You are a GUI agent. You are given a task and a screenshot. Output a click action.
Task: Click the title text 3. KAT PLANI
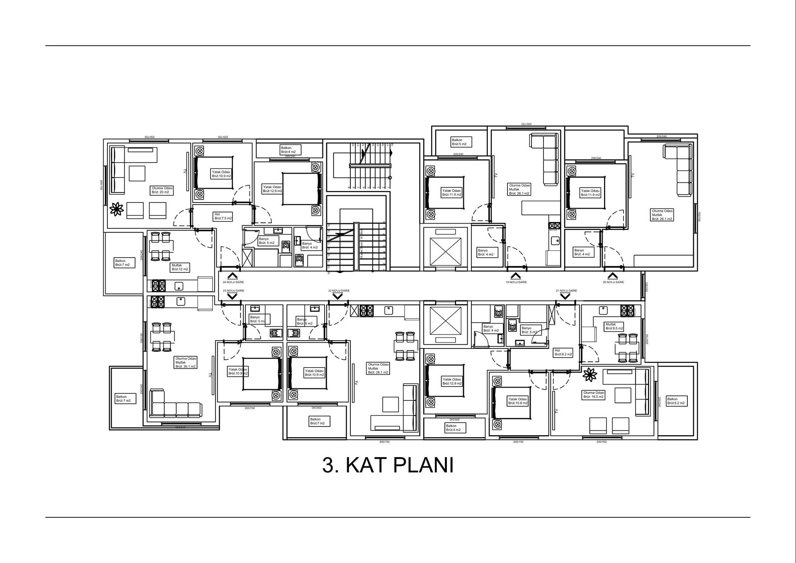pos(388,465)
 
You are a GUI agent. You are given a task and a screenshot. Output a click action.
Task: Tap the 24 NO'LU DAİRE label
pos(233,282)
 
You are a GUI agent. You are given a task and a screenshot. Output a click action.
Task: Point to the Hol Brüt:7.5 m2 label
pos(223,216)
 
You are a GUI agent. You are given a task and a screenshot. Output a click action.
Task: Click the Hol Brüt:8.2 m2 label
pos(563,353)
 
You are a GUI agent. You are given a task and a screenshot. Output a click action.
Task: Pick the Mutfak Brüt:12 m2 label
pos(180,267)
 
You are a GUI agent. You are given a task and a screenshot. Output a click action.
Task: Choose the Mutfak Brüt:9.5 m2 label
pos(614,327)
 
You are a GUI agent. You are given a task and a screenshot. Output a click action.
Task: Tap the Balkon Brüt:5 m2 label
pos(459,142)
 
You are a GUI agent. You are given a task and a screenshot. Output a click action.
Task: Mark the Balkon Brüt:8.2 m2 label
pos(676,401)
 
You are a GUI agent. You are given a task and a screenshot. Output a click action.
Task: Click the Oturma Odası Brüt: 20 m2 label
pos(162,190)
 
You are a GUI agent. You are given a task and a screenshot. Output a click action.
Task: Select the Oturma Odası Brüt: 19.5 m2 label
pos(594,395)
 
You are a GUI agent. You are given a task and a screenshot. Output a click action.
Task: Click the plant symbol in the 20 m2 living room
pos(117,209)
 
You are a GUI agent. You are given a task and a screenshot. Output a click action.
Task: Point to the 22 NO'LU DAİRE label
pos(339,291)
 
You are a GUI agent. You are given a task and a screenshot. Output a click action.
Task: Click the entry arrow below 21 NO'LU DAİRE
pos(565,296)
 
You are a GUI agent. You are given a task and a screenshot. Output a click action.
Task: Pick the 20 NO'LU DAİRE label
pos(613,282)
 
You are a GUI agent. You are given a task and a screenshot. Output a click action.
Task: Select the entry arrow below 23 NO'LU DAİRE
pos(232,296)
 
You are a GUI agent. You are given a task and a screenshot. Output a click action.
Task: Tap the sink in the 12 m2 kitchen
pos(179,286)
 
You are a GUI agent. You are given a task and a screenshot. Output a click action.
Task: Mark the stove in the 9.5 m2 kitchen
pos(627,310)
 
